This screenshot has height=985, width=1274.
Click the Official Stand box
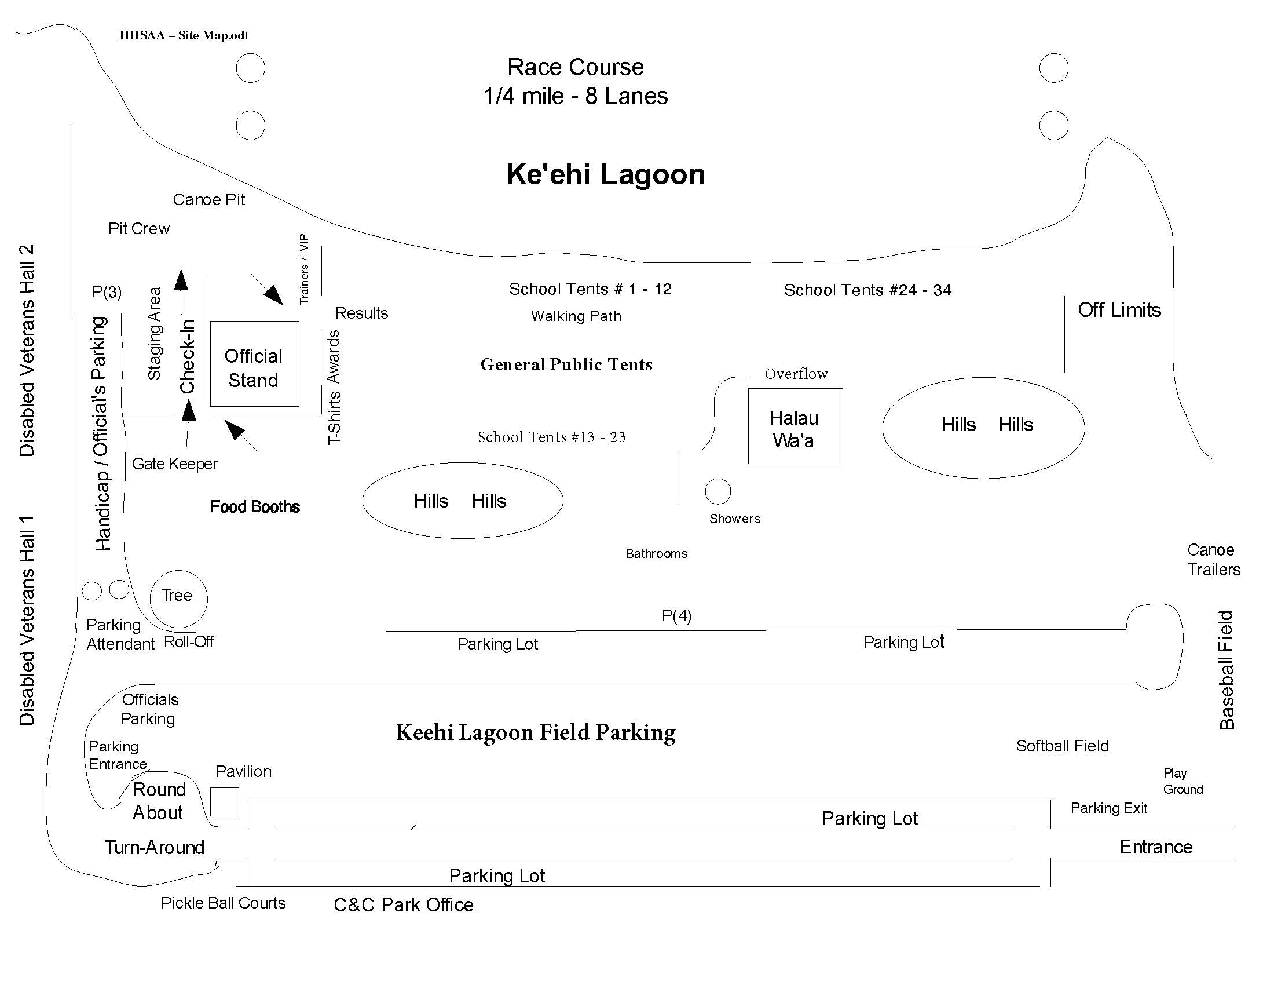[x=254, y=364]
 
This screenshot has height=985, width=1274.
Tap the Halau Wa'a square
[x=795, y=426]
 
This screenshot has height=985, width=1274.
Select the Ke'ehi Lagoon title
[x=606, y=174]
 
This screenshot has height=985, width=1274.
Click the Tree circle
[x=178, y=598]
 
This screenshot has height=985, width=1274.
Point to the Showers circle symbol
[x=717, y=491]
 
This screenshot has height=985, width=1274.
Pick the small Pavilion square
[x=225, y=802]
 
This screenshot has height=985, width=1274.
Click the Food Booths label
[x=255, y=506]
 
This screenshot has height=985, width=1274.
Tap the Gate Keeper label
[x=174, y=464]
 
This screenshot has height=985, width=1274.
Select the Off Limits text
[x=1119, y=310]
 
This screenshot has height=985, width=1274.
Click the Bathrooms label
[x=656, y=553]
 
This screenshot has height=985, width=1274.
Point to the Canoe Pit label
[x=209, y=199]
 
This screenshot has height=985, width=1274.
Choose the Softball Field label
[x=1062, y=746]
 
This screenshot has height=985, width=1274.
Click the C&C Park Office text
[x=403, y=904]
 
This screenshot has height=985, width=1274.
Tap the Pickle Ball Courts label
[x=224, y=903]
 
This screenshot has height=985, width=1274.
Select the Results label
[x=361, y=313]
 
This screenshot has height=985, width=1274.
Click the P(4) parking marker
[x=676, y=615]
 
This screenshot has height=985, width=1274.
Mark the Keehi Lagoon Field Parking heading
[x=536, y=732]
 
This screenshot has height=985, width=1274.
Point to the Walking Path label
[x=576, y=316]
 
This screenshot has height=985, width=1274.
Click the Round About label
[x=158, y=801]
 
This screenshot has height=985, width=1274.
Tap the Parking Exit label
[x=1108, y=808]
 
